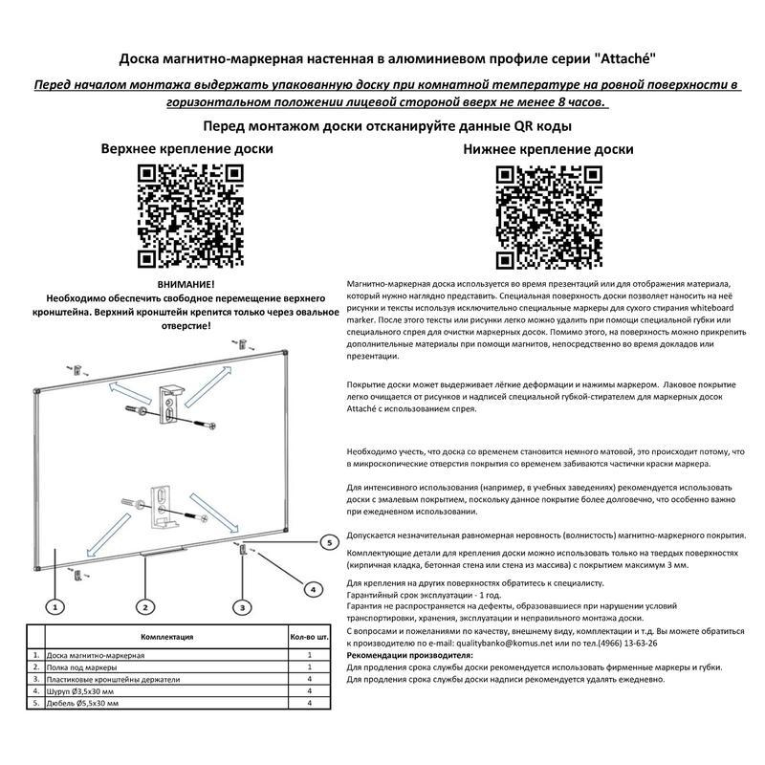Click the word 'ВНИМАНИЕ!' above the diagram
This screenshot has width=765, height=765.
click(186, 285)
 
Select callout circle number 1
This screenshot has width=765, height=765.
click(56, 606)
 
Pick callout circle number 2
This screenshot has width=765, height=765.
click(145, 606)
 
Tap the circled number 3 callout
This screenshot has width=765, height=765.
click(243, 606)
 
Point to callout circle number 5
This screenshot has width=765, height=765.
click(328, 542)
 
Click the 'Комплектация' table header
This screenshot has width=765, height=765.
click(166, 636)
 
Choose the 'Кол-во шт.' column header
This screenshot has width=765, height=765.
click(310, 636)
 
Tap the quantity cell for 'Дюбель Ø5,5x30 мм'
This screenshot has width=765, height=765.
click(310, 703)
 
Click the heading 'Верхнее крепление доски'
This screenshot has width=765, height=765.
click(187, 149)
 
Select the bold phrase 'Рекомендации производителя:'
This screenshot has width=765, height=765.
click(409, 656)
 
